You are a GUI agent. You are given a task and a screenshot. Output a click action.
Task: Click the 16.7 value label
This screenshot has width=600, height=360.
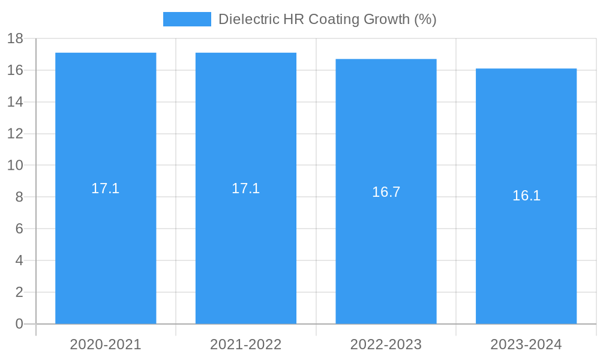pos(386,192)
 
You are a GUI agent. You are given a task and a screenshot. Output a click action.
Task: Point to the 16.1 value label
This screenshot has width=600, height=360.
pos(526,196)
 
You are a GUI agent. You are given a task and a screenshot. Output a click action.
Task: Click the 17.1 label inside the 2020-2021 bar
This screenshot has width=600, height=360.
pos(106,188)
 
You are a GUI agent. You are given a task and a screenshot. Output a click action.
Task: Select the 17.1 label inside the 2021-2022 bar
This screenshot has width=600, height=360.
pos(246,188)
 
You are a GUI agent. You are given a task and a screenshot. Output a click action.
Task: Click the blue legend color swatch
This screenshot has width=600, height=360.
pos(187,19)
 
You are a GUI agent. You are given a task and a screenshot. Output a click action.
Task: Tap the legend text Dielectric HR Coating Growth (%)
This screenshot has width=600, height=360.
pos(327,19)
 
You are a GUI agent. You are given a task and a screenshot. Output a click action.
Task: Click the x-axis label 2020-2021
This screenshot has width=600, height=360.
pos(106,344)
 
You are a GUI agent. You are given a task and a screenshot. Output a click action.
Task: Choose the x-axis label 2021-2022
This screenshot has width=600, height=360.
pos(246,344)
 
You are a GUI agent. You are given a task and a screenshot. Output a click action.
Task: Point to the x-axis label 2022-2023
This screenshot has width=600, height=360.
pos(386,344)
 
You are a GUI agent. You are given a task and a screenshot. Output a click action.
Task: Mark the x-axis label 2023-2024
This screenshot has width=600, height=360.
pos(526,344)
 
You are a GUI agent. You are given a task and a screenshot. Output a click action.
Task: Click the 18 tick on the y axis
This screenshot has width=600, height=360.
pos(15,39)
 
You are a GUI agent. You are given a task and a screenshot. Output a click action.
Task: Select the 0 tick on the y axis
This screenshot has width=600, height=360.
pos(19,324)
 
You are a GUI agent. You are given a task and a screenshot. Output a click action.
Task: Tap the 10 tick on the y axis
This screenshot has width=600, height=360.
pos(15,166)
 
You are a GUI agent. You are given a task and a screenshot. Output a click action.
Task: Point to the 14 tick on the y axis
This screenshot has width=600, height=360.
pos(15,102)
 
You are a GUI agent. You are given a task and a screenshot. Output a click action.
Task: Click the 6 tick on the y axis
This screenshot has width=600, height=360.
pos(19,229)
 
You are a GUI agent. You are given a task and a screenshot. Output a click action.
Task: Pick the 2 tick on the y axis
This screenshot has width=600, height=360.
pos(19,292)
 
